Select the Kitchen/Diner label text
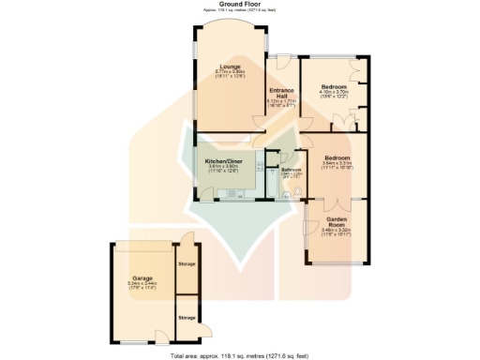tap(224, 160)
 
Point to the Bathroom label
tap(292, 170)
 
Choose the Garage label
tap(142, 278)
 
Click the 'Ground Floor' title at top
tap(239, 4)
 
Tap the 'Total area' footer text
tap(239, 356)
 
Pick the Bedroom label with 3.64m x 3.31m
tap(337, 157)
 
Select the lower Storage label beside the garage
tap(187, 318)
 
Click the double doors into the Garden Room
tap(334, 202)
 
